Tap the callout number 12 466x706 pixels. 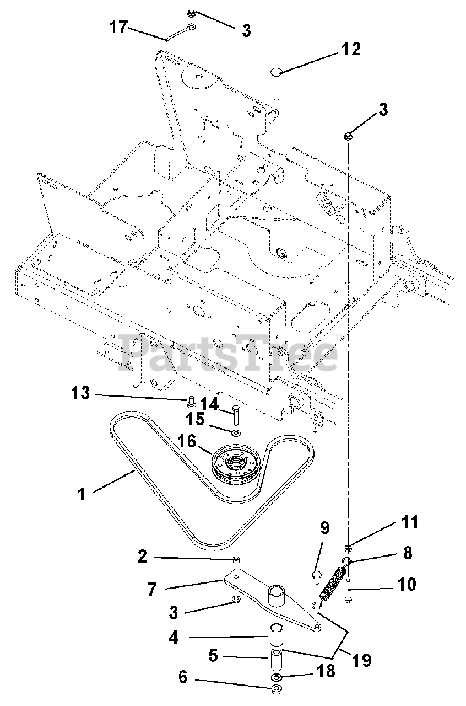point(350,49)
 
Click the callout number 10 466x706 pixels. point(407,584)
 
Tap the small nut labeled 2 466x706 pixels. point(236,559)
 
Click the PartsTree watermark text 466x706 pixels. point(227,353)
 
